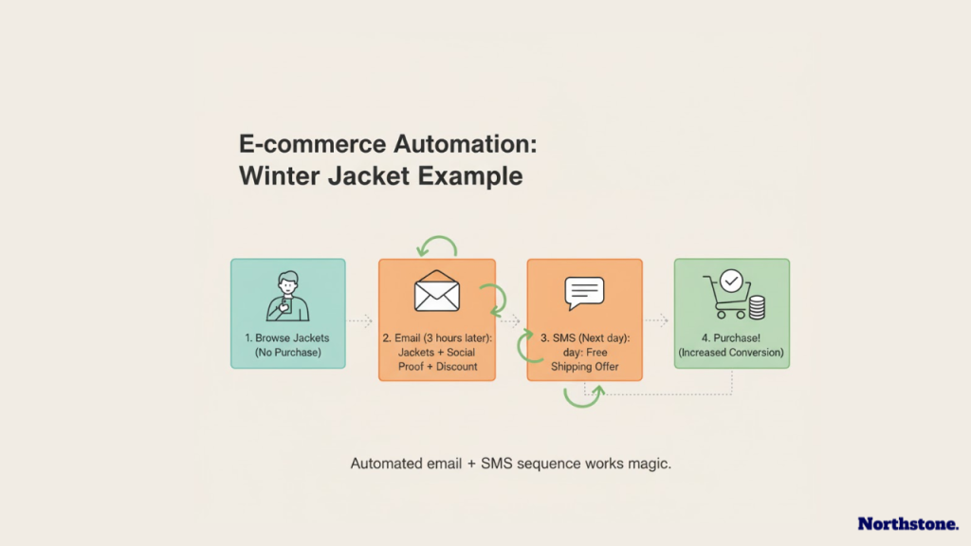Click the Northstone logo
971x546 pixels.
pos(907,523)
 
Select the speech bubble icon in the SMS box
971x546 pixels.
pos(584,293)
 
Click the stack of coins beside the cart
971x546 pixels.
pos(756,307)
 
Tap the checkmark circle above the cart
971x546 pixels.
pos(731,281)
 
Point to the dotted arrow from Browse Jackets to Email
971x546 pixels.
pos(361,320)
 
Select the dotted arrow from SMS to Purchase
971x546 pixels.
pos(657,320)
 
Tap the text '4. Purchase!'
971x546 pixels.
pos(731,337)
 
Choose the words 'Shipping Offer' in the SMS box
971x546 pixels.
pos(584,367)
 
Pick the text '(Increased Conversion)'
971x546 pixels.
pos(731,353)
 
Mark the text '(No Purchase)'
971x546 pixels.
pos(288,353)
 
